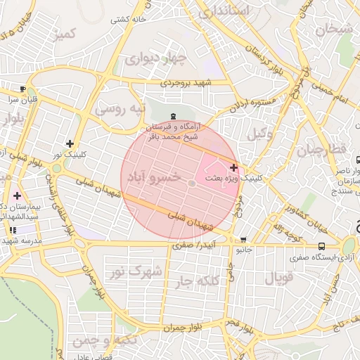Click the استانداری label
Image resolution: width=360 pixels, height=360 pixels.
(224, 11)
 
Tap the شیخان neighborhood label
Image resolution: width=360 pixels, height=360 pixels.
(333, 30)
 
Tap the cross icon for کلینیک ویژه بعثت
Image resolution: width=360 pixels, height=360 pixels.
(233, 167)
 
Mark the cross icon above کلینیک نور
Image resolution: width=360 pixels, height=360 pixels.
(70, 143)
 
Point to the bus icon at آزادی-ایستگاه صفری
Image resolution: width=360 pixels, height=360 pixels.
(321, 246)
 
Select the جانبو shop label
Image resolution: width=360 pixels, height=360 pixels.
(243, 250)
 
